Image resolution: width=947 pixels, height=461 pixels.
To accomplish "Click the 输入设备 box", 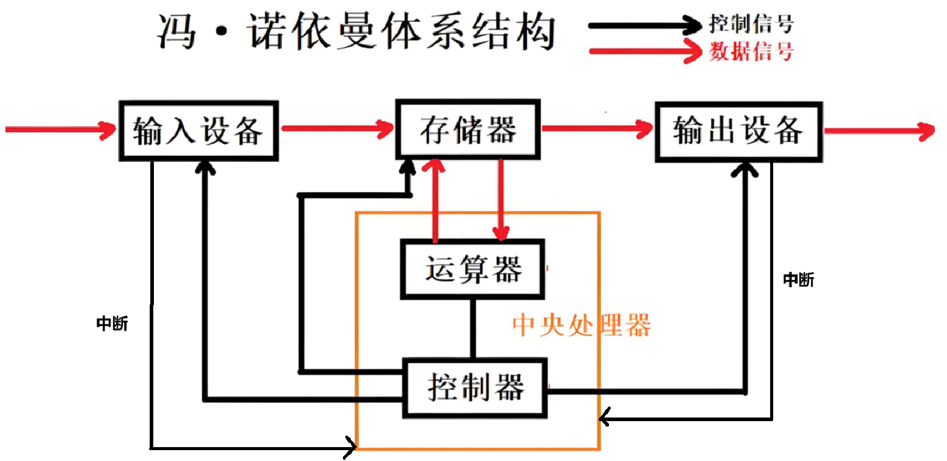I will [199, 131].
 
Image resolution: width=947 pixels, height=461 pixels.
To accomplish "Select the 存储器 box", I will [468, 129].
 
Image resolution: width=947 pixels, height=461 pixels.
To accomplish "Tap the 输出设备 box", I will [738, 131].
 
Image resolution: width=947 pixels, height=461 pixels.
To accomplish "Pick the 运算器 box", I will [473, 269].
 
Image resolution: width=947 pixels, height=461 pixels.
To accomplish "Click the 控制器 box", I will [475, 388].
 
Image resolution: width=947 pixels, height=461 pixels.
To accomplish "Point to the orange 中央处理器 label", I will [581, 325].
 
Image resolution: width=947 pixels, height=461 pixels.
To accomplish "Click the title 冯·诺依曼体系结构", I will [356, 31].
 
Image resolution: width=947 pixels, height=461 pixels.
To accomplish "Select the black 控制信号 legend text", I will [751, 24].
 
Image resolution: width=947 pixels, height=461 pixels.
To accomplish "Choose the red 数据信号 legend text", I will [751, 51].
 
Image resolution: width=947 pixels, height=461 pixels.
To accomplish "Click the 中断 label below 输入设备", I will [112, 324].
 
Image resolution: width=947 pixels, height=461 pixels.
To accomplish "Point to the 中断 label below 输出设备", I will [799, 280].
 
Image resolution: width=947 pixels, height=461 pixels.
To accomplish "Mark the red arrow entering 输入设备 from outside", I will [60, 129].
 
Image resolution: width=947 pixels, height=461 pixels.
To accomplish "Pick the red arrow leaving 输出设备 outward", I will [879, 131].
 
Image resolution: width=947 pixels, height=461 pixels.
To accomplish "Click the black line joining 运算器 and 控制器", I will [473, 329].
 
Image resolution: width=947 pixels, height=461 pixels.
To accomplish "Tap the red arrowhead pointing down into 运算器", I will [501, 232].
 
